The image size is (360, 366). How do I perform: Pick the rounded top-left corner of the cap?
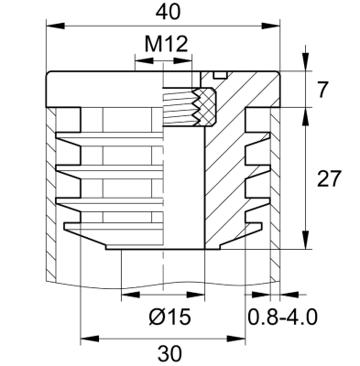49,78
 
